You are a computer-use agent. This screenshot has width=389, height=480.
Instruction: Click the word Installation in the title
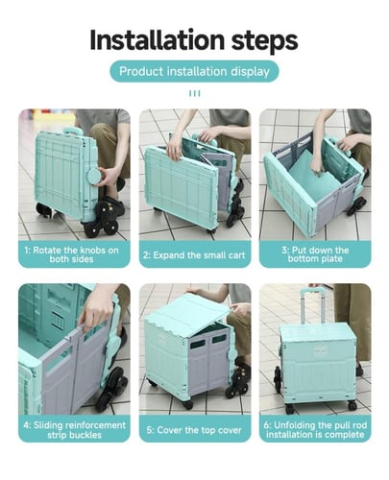[158, 40]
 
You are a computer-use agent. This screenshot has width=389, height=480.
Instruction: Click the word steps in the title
[265, 41]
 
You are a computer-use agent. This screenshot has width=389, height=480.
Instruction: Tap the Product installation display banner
[194, 71]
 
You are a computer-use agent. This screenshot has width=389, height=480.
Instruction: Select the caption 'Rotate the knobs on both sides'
[71, 254]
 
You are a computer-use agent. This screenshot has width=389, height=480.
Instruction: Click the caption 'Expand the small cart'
[194, 255]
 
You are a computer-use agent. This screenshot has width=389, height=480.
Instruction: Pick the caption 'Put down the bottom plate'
[315, 254]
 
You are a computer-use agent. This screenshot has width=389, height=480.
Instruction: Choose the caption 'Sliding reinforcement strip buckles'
[74, 430]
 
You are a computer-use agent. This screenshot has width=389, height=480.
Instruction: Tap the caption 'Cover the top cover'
[194, 430]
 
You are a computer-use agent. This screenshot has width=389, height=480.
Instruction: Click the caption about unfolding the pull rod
[315, 430]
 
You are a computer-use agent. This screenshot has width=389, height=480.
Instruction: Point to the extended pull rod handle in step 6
[311, 304]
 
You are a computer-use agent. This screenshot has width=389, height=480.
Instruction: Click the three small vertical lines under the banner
[195, 93]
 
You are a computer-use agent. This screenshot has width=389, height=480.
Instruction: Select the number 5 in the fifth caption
[149, 430]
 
